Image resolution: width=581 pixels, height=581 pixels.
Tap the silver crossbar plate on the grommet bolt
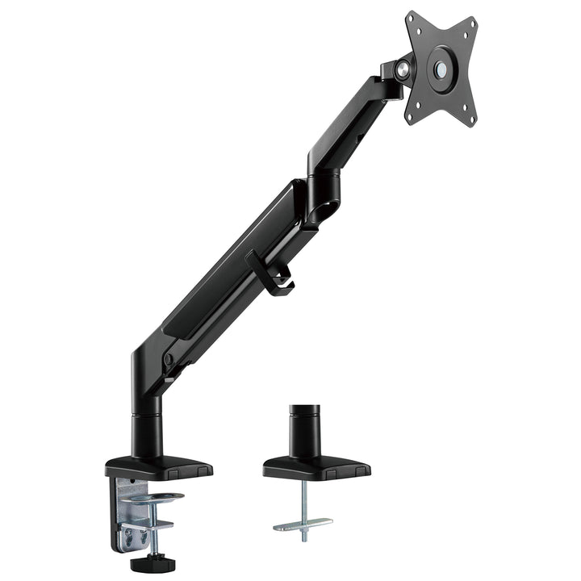tap(303, 525)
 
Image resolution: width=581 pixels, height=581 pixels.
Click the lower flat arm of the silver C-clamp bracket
tap(145, 526)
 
